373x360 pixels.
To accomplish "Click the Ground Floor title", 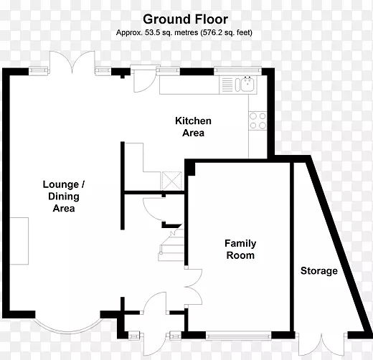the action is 185,19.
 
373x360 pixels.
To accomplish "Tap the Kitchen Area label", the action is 193,127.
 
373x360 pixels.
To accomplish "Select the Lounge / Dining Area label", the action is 64,196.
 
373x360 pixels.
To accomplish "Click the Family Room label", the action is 240,250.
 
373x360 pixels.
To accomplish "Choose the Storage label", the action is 319,270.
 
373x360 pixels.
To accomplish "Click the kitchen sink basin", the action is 247,84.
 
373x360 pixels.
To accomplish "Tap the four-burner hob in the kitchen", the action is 258,120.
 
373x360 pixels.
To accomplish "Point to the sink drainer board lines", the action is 227,84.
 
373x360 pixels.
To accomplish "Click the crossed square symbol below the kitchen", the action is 172,181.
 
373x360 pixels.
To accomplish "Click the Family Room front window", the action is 238,336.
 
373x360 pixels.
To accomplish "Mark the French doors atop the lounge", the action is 72,62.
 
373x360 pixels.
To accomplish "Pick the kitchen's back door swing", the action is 143,81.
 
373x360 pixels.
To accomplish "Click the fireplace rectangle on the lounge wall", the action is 19,241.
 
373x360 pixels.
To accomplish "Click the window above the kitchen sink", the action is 237,70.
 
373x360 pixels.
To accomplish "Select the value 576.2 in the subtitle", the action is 210,32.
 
